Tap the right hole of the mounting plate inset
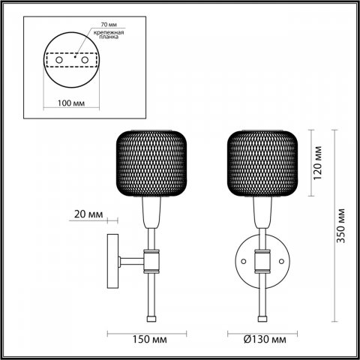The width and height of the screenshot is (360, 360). pyautogui.click(x=82, y=59)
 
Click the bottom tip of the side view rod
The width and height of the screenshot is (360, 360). pyautogui.click(x=152, y=317)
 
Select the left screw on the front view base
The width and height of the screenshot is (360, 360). pyautogui.click(x=243, y=261)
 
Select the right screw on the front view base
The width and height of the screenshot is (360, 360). pyautogui.click(x=280, y=261)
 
